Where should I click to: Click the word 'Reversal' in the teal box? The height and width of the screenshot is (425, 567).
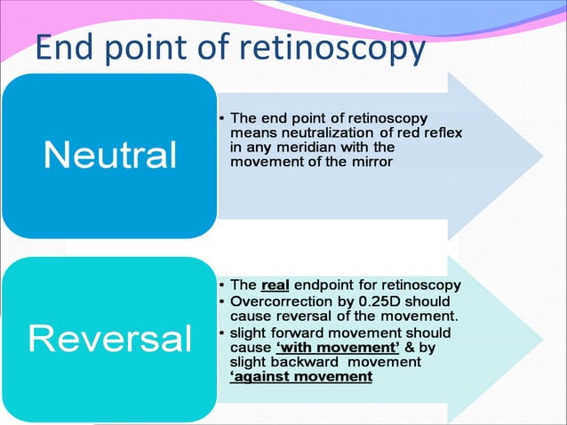(x=110, y=338)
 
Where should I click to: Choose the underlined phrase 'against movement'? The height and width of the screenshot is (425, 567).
(x=300, y=377)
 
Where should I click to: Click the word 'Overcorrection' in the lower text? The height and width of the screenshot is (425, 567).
(x=281, y=301)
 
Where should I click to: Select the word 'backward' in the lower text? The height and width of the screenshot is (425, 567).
(x=312, y=363)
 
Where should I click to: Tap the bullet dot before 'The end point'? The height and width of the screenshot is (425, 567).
(x=221, y=118)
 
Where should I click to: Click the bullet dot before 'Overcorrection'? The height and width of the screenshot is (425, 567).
(x=221, y=302)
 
